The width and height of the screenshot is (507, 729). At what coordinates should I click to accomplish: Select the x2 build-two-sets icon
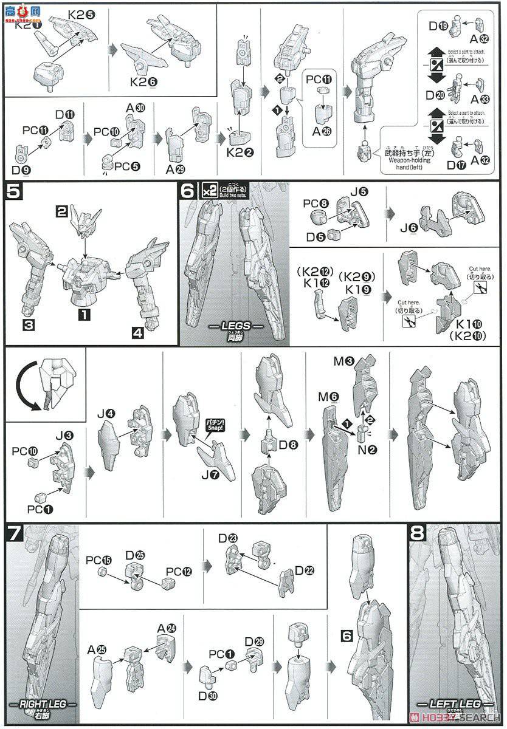207,191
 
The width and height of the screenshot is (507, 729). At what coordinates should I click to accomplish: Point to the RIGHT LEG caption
42,704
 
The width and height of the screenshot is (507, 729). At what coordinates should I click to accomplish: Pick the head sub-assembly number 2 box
61,212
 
